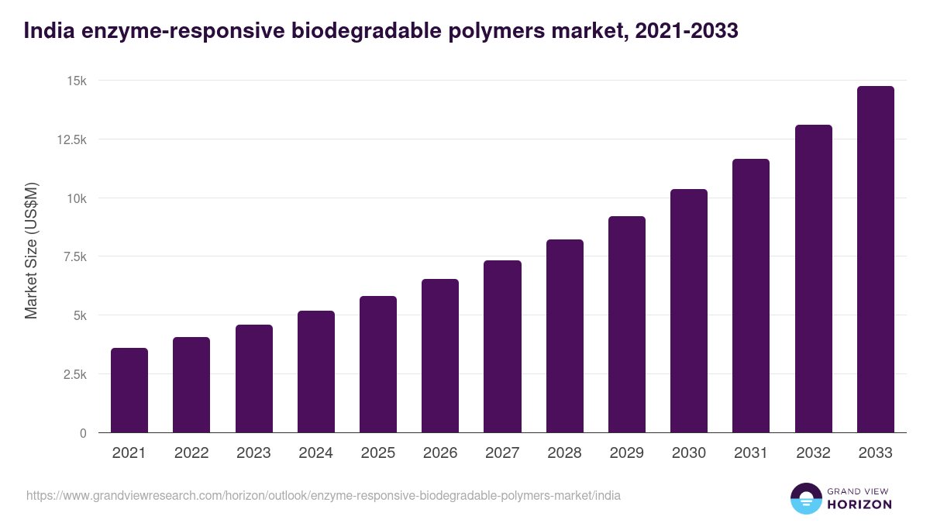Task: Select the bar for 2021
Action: pos(129,391)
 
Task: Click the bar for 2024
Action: pos(316,372)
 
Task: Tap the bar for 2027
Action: pos(502,346)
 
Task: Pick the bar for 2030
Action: pos(689,311)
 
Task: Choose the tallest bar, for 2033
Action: pos(875,260)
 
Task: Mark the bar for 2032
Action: pos(813,279)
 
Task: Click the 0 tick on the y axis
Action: pos(83,433)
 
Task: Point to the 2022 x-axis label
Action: pos(191,453)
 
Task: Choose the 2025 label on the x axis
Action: pos(378,453)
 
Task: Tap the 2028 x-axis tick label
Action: pos(564,453)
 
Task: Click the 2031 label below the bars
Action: pos(751,453)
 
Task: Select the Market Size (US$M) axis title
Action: pos(31,250)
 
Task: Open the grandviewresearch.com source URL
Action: pos(323,495)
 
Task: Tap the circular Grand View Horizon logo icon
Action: pos(805,498)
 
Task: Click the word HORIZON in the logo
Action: pos(859,504)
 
